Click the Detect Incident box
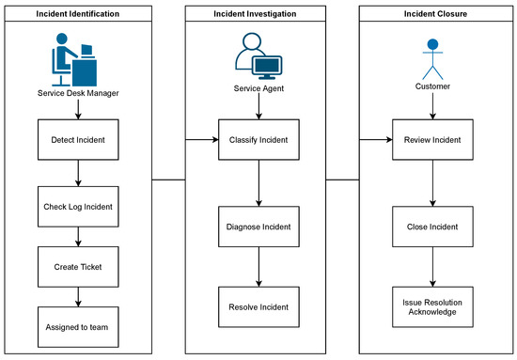pyautogui.click(x=78, y=140)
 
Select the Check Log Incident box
pyautogui.click(x=78, y=206)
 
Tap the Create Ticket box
pyautogui.click(x=78, y=266)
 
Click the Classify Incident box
pyautogui.click(x=258, y=140)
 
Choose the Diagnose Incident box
pyautogui.click(x=258, y=227)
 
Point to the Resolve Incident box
pyautogui.click(x=258, y=306)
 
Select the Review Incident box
pyautogui.click(x=432, y=140)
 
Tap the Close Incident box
pyautogui.click(x=432, y=227)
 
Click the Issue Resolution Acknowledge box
pyautogui.click(x=432, y=306)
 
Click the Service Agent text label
pyautogui.click(x=258, y=88)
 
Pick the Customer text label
pyautogui.click(x=432, y=88)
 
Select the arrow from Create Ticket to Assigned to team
pyautogui.click(x=78, y=296)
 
